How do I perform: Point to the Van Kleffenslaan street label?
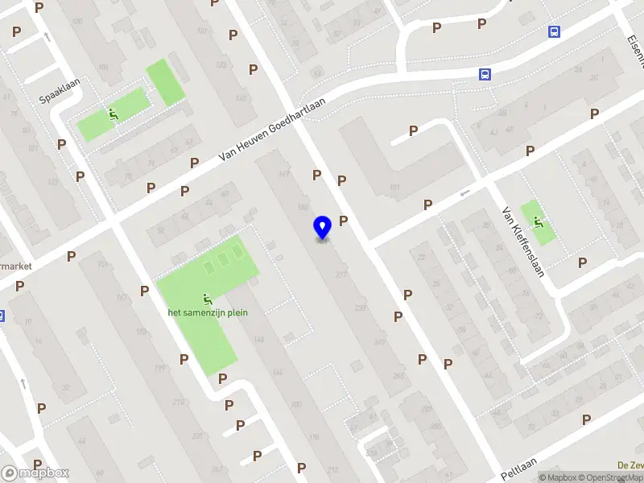point(523,241)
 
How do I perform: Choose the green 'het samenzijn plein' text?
point(208,312)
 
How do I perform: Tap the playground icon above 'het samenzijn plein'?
point(208,299)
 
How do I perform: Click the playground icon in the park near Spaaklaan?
point(114,114)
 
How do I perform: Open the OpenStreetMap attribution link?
point(613,477)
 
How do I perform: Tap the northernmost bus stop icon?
point(554,31)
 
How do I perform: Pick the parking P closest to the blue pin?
point(344,221)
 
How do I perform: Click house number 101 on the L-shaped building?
point(394,189)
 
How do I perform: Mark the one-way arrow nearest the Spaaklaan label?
point(47,35)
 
